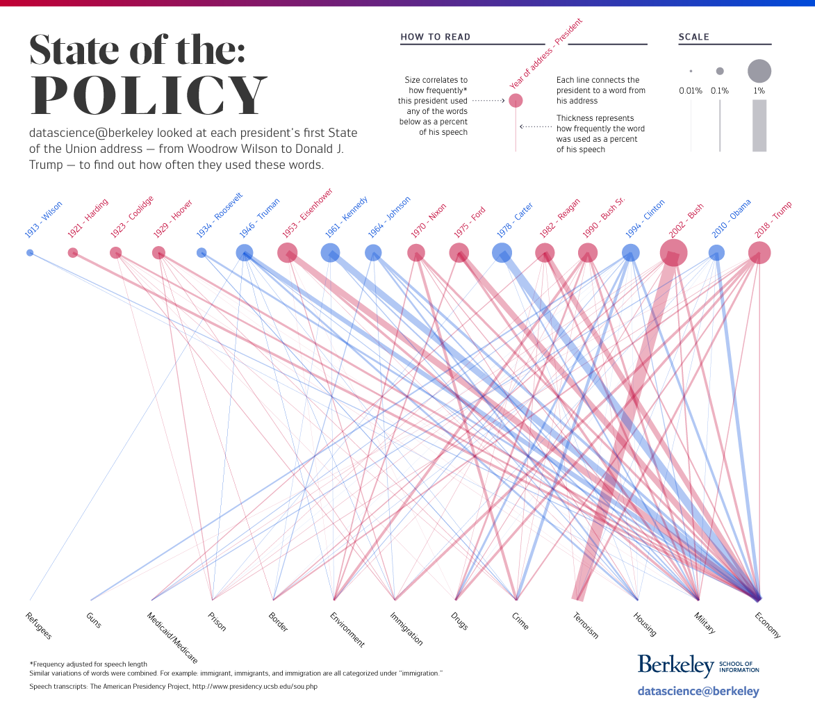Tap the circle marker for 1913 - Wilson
click(x=30, y=253)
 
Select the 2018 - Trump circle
click(x=759, y=253)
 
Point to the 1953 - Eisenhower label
click(x=307, y=213)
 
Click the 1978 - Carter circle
click(x=502, y=253)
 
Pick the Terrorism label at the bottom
click(x=585, y=625)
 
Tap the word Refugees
click(x=39, y=626)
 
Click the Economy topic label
click(x=768, y=625)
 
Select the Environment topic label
click(x=347, y=629)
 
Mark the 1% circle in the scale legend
click(x=759, y=71)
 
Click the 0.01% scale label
click(x=691, y=90)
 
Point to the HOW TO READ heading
click(x=436, y=37)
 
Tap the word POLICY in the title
click(x=149, y=95)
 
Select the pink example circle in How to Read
click(x=516, y=101)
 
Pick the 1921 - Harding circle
click(x=73, y=253)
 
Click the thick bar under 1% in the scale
click(x=759, y=126)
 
